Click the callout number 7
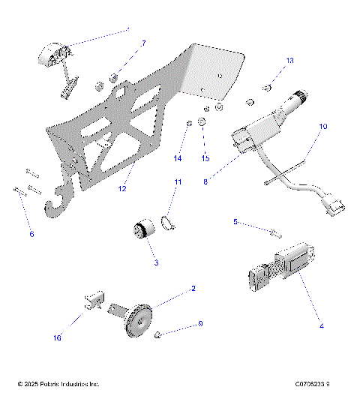(x=144, y=43)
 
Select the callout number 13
(x=290, y=60)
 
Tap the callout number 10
(x=322, y=127)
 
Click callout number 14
(x=178, y=159)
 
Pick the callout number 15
(x=204, y=159)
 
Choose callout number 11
(x=178, y=182)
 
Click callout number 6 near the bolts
(x=31, y=235)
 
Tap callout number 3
(x=155, y=262)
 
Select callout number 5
(x=235, y=222)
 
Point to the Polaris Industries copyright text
(x=58, y=385)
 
